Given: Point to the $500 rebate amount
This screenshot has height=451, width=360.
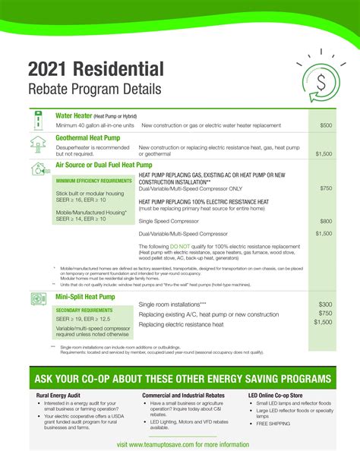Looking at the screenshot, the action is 325,125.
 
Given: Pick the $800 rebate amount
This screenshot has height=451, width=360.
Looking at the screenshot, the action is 325,221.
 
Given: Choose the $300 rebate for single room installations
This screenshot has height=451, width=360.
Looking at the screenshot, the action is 325,304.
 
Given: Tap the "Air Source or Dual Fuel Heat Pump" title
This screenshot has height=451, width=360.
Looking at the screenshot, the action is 104,165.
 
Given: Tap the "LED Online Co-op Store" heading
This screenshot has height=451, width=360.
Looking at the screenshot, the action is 280,396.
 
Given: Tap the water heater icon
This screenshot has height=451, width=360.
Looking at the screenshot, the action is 37,121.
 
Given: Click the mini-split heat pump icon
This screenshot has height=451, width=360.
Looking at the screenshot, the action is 38,299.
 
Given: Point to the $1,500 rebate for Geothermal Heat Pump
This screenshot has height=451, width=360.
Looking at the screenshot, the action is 324,153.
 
